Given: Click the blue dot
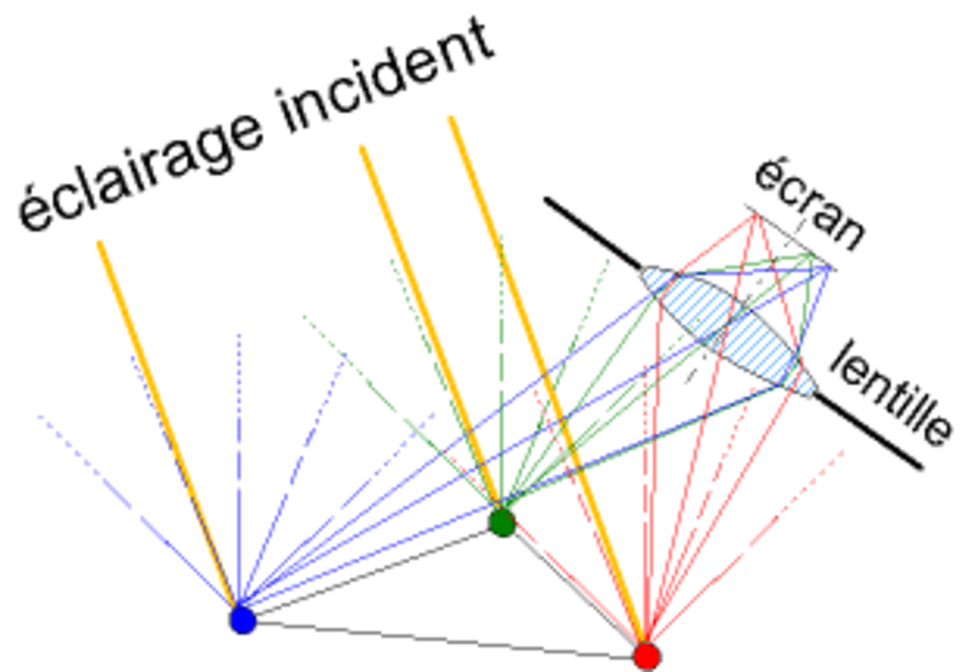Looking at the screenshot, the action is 243,620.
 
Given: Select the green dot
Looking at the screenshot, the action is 502,522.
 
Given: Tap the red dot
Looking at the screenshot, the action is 647,657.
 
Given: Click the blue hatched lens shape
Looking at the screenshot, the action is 728,332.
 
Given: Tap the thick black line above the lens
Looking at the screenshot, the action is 593,233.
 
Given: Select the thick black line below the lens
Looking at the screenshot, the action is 867,431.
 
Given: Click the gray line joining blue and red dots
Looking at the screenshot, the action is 445,640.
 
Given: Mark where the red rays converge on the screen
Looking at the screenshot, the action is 756,215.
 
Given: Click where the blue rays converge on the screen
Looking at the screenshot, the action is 829,269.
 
